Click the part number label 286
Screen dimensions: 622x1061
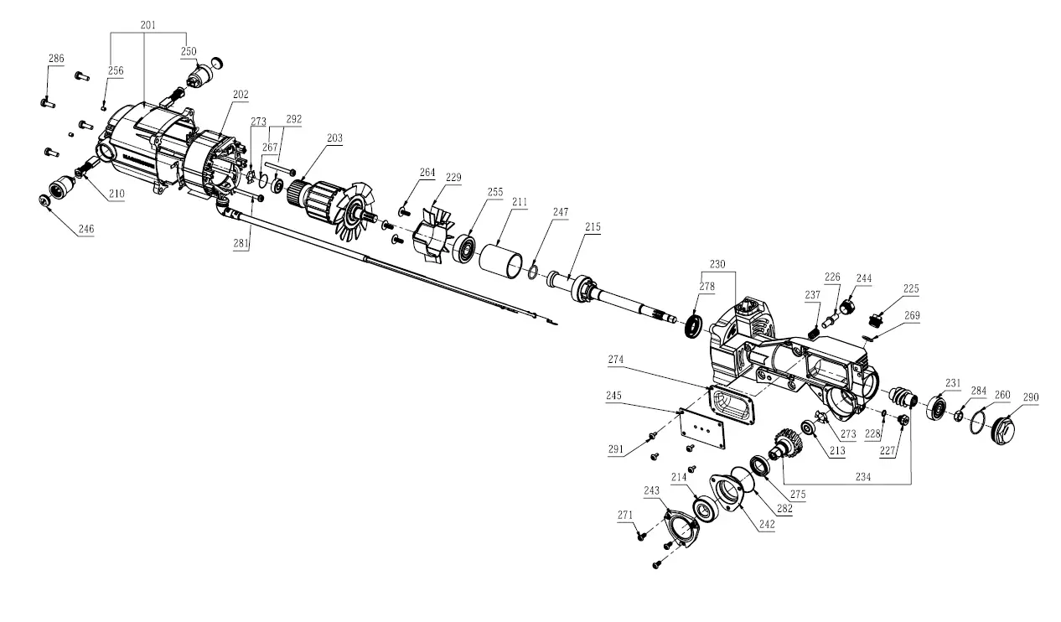[56, 59]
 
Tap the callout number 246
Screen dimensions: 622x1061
[86, 228]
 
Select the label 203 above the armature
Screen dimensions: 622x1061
[334, 137]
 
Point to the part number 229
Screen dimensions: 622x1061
[453, 177]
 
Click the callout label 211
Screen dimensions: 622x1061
[520, 202]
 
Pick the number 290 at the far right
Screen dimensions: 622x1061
[1030, 397]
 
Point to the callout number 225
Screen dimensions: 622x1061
[910, 289]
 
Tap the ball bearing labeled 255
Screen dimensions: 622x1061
[463, 249]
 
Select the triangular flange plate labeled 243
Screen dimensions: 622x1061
[680, 531]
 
